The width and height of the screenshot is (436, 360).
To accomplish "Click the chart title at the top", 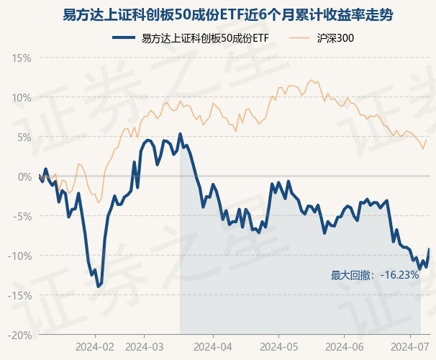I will pos(218,15).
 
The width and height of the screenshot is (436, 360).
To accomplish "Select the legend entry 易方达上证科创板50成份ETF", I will pos(205,37).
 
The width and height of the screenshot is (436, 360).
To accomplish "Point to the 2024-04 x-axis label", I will pos(214,346).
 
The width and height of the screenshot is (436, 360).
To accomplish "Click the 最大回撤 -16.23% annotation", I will pos(374,275).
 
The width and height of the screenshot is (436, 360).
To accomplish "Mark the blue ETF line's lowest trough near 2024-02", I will pos(98,286).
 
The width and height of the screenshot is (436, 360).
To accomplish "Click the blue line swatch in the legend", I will pos(124,37).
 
